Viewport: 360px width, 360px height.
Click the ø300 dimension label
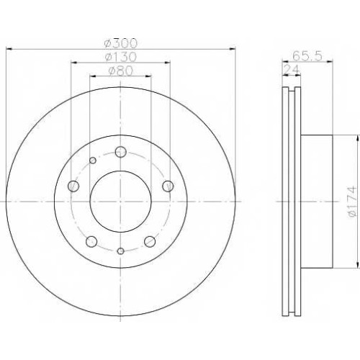pos(121,43)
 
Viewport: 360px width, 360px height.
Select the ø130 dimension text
pos(121,57)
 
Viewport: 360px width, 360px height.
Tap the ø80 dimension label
pos(121,71)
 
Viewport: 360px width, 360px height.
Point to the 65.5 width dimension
pos(307,56)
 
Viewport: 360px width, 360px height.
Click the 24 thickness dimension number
pos(292,70)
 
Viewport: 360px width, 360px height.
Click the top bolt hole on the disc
pos(120,152)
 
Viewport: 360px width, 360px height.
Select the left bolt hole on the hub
pos(73,186)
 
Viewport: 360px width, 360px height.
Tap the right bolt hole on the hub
pos(168,186)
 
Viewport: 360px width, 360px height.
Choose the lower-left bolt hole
pos(91,241)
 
